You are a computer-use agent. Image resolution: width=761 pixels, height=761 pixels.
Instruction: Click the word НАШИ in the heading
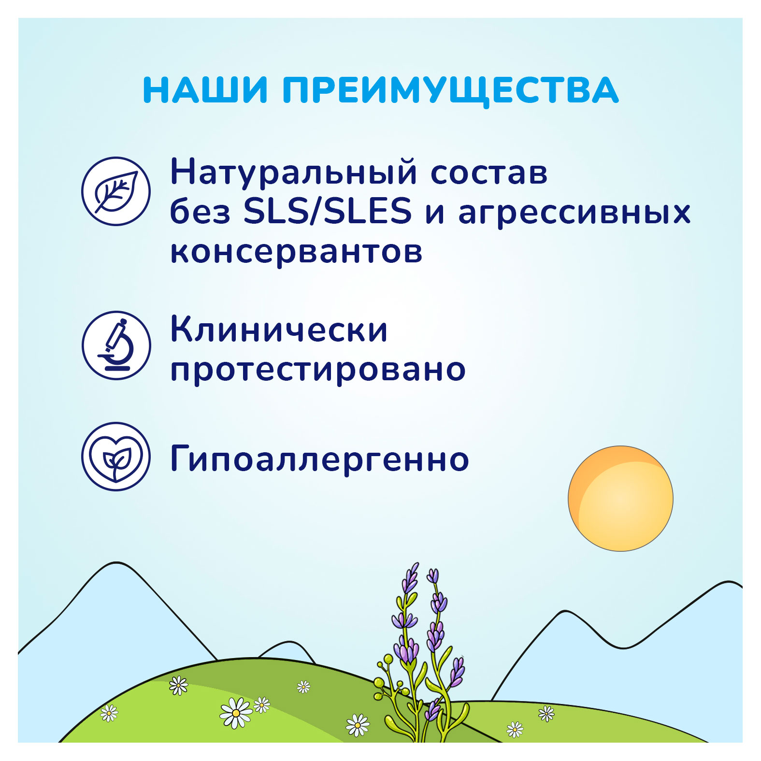point(205,90)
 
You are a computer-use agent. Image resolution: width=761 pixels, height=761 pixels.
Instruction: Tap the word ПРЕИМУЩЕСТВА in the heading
point(450,91)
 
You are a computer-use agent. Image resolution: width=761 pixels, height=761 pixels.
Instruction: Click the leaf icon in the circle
point(116,191)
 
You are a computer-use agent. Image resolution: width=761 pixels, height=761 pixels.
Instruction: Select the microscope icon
point(116,345)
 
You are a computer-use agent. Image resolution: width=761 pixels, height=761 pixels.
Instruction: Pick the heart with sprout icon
point(116,457)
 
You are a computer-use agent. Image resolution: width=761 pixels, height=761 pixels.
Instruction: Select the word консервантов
point(296,251)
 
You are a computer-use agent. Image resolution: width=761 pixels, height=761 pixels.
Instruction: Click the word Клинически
point(279,330)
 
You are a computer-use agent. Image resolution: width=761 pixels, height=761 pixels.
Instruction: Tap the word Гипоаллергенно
point(319,459)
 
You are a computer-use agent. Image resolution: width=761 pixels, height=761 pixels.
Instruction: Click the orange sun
point(620,498)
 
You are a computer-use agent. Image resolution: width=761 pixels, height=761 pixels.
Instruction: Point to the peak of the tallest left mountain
point(116,564)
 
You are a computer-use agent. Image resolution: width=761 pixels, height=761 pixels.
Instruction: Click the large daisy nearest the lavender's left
point(236,713)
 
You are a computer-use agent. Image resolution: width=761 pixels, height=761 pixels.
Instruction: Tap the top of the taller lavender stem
point(414,566)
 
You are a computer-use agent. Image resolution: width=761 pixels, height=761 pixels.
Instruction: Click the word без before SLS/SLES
point(200,212)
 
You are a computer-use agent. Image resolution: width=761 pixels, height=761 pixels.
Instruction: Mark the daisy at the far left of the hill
point(109,713)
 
